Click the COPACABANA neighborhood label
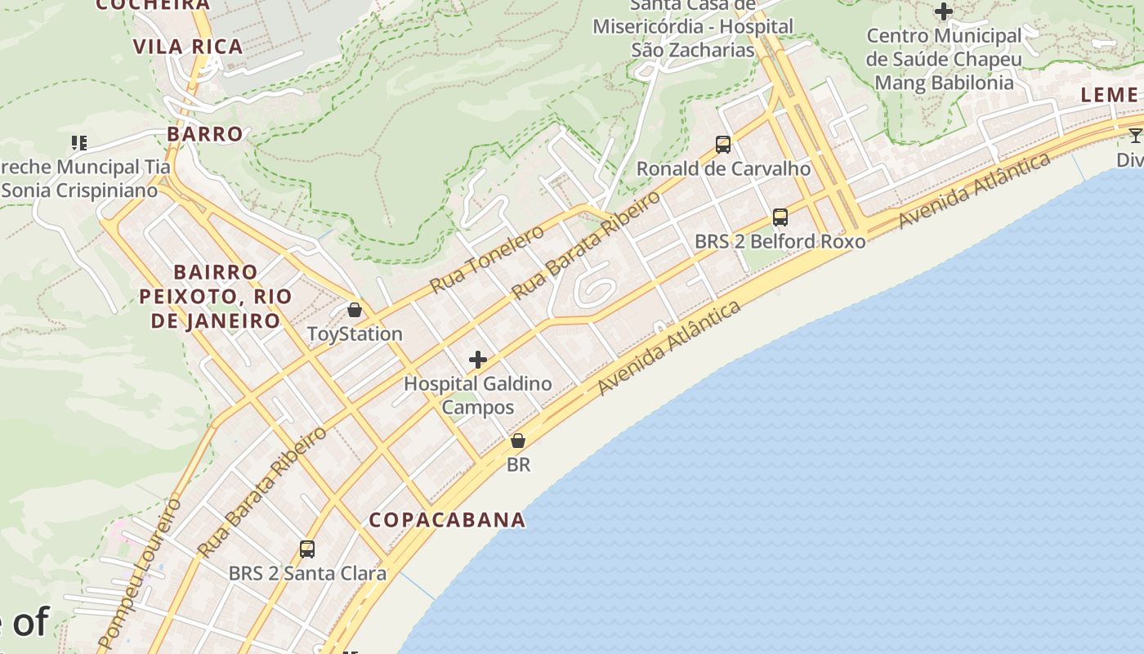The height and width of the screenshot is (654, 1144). tap(447, 520)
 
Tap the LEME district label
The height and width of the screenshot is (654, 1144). tap(1109, 95)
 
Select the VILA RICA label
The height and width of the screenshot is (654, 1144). tap(188, 47)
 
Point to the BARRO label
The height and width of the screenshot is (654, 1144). tap(205, 134)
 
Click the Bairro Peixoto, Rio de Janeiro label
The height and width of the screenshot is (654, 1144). tap(216, 296)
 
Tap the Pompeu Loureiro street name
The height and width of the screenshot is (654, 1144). tap(139, 572)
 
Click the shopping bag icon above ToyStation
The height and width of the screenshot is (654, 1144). tap(355, 310)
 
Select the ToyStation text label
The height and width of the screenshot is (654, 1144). tap(355, 334)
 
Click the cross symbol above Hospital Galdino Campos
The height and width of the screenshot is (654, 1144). tap(478, 360)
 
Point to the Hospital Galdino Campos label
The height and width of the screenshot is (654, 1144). tap(478, 395)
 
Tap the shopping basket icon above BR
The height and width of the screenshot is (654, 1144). tap(518, 441)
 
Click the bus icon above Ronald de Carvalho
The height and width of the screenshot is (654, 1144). tap(723, 145)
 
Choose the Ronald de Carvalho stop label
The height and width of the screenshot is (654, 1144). tap(723, 169)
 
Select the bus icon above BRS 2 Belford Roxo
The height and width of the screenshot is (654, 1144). tap(780, 217)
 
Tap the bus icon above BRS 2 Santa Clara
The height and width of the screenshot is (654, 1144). tap(307, 549)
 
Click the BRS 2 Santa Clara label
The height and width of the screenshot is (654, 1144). tap(307, 574)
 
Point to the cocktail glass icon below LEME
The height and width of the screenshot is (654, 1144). tap(1136, 135)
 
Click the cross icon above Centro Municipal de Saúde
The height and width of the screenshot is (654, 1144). tap(944, 11)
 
